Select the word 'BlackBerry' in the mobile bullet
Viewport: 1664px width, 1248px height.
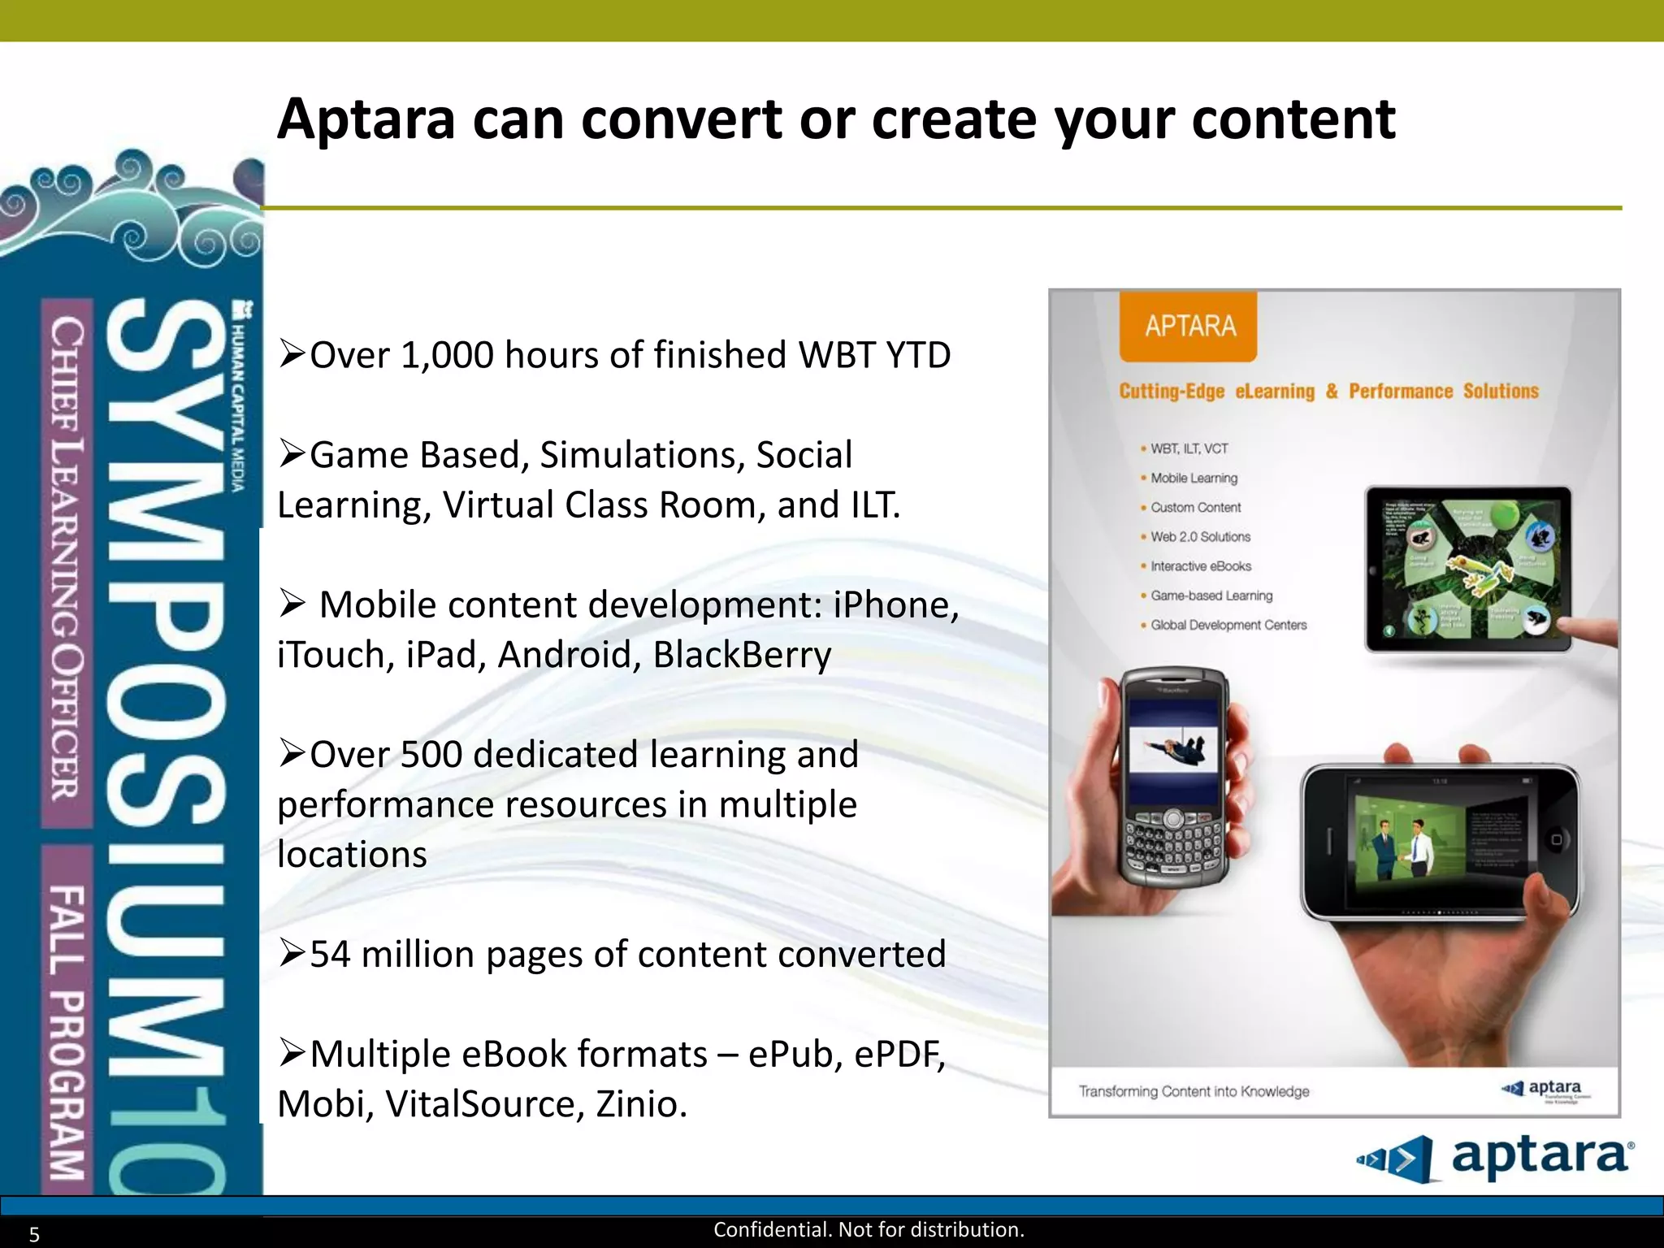(x=742, y=656)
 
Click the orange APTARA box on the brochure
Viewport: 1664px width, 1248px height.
(x=1188, y=326)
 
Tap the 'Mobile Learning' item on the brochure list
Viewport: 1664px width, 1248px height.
(x=1194, y=478)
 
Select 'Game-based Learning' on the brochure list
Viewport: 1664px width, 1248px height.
(x=1211, y=596)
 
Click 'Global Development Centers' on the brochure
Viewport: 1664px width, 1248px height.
(x=1228, y=625)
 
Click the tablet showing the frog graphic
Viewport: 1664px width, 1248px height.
(x=1467, y=569)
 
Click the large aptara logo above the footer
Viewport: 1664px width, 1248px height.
(x=1495, y=1158)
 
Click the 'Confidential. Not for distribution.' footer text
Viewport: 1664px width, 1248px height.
(x=869, y=1230)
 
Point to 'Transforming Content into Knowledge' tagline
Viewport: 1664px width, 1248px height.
(x=1194, y=1091)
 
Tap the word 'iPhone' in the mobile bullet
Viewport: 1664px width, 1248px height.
(x=895, y=605)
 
